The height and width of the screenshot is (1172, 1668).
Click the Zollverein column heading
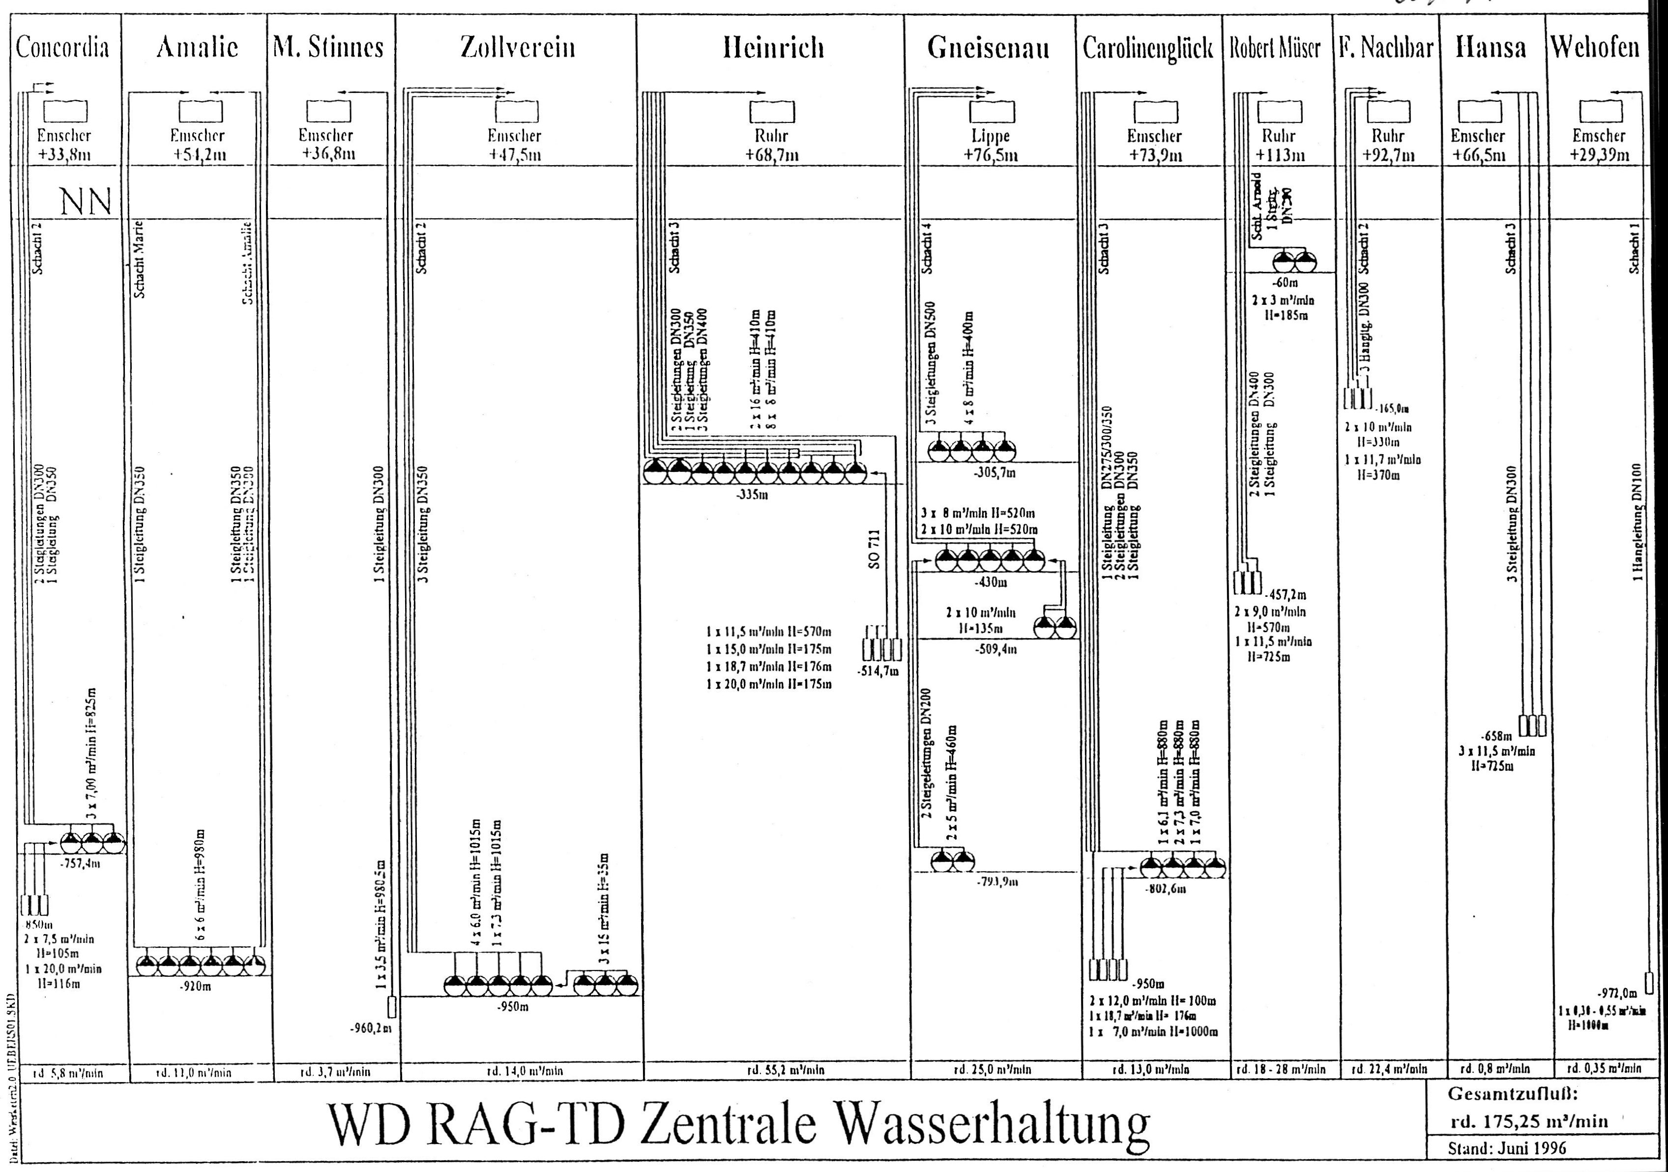(x=517, y=48)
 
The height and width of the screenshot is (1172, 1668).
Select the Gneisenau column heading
(x=988, y=48)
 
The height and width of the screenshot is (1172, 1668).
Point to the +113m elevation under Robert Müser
(x=1281, y=155)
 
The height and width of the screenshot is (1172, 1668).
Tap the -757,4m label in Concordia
(x=81, y=865)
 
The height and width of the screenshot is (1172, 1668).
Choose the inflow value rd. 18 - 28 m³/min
(x=1281, y=1070)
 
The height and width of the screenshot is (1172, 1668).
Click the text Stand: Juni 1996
(x=1507, y=1148)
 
